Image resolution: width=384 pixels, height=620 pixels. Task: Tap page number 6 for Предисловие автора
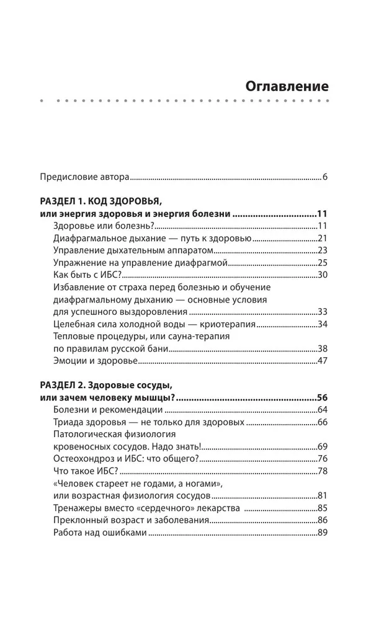click(324, 177)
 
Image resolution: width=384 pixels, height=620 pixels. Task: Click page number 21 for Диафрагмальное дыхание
click(321, 238)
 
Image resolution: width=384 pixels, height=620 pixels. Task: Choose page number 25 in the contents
click(321, 263)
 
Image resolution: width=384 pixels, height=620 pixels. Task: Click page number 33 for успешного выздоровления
click(321, 311)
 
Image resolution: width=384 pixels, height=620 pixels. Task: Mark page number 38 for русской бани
click(321, 348)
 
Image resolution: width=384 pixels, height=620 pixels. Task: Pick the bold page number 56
click(321, 397)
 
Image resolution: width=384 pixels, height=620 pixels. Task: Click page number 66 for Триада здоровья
click(321, 422)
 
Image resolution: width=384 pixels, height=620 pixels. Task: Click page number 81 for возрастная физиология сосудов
click(321, 495)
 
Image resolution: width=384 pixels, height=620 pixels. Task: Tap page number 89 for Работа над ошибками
click(321, 533)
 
